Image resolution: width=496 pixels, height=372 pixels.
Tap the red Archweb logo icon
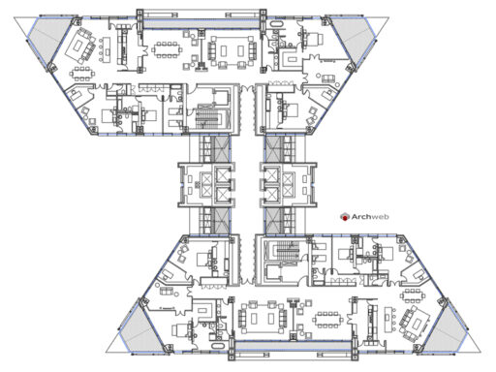pos(345,218)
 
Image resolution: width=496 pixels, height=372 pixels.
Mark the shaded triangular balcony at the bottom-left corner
pos(141,329)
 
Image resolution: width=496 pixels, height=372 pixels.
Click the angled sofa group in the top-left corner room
pos(81,45)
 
